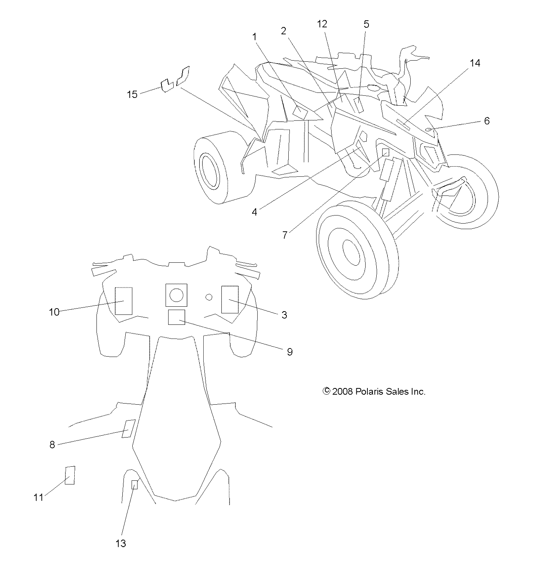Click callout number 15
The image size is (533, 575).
132,95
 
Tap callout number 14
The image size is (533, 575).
475,63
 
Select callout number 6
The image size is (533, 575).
486,121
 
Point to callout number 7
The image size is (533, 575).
285,235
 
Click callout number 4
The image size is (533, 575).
254,212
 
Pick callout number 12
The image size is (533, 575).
322,24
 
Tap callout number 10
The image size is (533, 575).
54,312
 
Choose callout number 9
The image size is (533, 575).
289,352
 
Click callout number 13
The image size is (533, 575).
121,543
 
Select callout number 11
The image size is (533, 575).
38,497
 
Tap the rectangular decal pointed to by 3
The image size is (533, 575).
230,299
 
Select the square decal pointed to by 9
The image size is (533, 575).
176,317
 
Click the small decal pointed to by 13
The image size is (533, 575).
135,484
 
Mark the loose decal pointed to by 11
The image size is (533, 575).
70,475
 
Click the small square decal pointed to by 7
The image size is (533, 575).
385,152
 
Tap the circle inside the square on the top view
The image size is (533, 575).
176,295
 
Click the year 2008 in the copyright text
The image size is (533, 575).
343,392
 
